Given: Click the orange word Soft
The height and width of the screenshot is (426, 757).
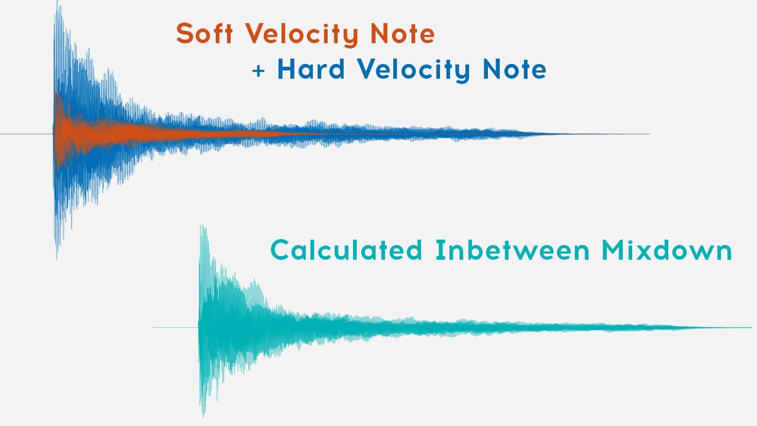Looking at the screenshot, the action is (205, 33).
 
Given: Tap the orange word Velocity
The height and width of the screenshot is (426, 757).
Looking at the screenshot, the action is (302, 35).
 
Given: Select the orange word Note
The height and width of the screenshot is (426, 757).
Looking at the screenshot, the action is (403, 34).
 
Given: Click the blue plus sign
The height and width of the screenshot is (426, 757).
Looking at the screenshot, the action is (258, 71).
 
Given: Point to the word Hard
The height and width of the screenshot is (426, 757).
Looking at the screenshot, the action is (311, 69).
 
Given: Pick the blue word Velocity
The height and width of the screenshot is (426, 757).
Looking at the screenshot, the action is (413, 70).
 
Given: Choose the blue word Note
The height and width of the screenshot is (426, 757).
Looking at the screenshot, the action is (515, 69).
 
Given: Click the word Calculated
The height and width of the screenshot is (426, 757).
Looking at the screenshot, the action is (346, 250).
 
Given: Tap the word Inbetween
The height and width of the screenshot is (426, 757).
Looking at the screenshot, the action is (512, 250).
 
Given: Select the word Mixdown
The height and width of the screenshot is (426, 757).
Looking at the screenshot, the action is (667, 250).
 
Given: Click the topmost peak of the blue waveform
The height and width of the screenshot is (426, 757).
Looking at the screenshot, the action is (57, 1).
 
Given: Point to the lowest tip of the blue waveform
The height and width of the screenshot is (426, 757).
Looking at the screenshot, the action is (56, 260).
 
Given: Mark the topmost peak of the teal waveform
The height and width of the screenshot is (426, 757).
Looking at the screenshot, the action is (202, 225).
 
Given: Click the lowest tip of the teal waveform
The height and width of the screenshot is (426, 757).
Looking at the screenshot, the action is (203, 417).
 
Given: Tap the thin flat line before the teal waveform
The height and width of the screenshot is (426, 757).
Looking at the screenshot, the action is (175, 327).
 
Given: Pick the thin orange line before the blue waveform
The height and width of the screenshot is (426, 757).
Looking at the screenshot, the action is (27, 134).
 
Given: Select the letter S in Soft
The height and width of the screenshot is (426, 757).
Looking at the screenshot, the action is (184, 33).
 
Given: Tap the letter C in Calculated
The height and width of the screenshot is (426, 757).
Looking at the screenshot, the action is (280, 250).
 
